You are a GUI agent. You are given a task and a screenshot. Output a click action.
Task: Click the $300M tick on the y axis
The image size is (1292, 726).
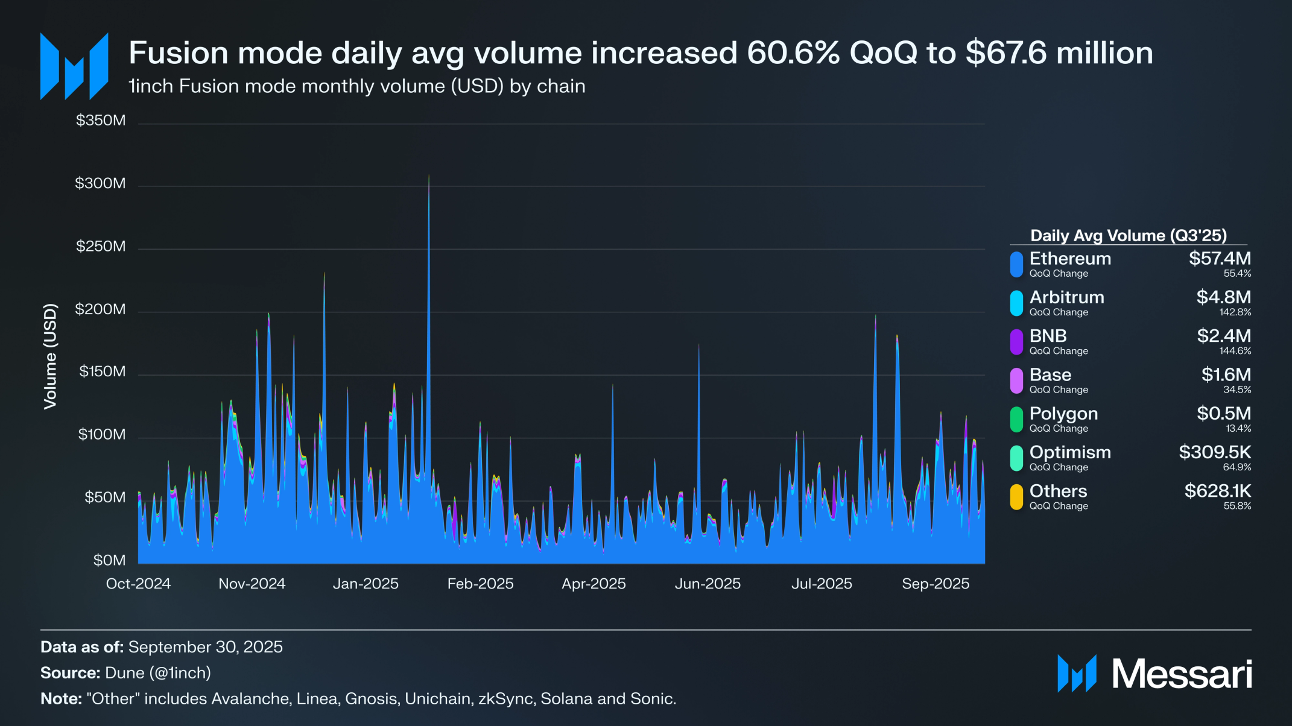coord(100,183)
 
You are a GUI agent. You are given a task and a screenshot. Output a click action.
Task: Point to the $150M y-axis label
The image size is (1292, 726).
coord(102,371)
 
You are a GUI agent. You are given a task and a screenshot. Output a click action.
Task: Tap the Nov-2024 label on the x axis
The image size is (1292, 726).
coord(252,584)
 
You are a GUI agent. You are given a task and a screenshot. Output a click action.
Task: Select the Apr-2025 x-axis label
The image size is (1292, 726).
coord(594,584)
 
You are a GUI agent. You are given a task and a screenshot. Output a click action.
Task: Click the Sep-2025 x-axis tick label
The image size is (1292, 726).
coord(935,584)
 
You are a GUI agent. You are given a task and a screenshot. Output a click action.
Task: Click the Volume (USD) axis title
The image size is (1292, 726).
coord(50,356)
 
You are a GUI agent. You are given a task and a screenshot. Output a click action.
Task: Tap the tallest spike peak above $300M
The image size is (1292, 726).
coord(429,176)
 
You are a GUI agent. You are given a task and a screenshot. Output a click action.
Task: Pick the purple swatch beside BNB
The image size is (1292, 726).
coord(1016,342)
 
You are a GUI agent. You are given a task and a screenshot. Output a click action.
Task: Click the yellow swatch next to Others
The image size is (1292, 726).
coord(1016,497)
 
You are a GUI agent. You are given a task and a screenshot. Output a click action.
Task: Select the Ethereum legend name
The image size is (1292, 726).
coord(1070,259)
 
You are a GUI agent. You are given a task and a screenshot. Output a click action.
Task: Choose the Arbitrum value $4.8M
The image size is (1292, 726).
coord(1223,297)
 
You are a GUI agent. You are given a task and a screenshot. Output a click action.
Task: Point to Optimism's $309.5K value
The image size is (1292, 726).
coord(1215,452)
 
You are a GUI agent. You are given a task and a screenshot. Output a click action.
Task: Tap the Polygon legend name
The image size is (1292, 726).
coord(1063,414)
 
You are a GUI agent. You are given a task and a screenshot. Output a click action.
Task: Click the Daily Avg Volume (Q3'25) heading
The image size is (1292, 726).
coord(1128,235)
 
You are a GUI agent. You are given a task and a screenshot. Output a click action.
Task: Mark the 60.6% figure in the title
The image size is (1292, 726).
coord(793,53)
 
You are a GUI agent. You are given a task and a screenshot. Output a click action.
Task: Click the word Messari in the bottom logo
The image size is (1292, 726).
coord(1182,674)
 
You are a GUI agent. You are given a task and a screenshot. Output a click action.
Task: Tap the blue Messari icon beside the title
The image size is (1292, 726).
coord(74,66)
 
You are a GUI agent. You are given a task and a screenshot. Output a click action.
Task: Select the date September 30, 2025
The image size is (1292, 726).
coord(206,647)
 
